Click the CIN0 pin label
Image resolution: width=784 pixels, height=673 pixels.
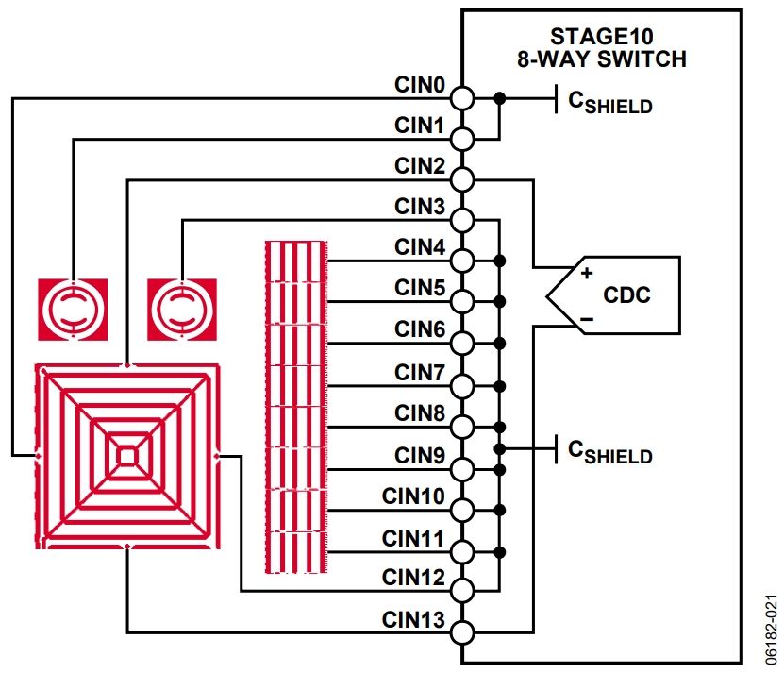tap(419, 85)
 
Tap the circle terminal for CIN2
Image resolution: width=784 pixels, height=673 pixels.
tap(461, 179)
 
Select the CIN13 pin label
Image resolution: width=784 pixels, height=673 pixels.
tap(413, 619)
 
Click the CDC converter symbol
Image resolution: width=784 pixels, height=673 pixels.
tap(613, 294)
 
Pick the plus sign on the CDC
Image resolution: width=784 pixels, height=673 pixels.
tap(585, 273)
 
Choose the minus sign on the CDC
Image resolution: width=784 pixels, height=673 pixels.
tap(585, 319)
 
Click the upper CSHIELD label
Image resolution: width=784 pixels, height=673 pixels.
tap(609, 101)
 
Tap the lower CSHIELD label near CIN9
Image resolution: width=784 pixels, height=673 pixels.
tap(609, 451)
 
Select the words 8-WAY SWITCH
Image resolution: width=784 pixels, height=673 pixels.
tap(600, 59)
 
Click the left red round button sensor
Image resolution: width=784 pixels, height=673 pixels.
tap(72, 309)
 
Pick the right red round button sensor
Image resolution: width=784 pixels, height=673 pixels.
tap(181, 309)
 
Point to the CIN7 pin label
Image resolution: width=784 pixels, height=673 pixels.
tap(419, 373)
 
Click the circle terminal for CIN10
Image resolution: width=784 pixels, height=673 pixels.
tap(461, 510)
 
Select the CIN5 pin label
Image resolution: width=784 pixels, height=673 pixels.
tap(419, 288)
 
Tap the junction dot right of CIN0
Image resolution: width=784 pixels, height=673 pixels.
tap(499, 97)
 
